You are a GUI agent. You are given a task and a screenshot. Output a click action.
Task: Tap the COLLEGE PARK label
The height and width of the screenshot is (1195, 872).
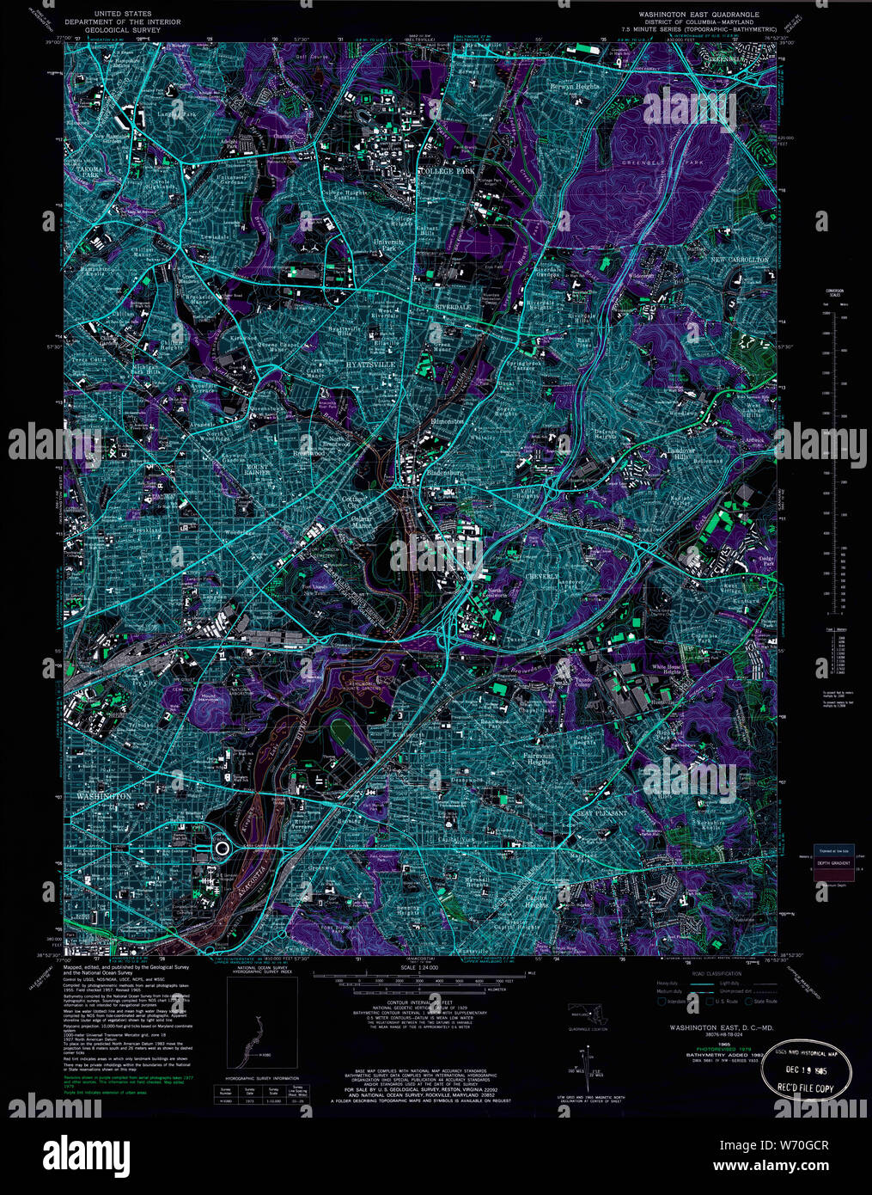pyautogui.click(x=447, y=172)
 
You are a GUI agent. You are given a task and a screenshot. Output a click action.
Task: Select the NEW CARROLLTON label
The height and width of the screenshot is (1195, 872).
pyautogui.click(x=739, y=259)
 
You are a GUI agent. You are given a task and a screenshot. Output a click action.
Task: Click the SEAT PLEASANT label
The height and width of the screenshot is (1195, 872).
pyautogui.click(x=602, y=812)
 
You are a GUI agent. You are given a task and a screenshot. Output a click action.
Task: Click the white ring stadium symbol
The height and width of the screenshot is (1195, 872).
pyautogui.click(x=222, y=849)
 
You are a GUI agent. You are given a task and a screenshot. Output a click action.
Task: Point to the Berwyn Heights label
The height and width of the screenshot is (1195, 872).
pyautogui.click(x=576, y=87)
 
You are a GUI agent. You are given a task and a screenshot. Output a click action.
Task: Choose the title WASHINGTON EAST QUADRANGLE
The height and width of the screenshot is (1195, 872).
pyautogui.click(x=698, y=15)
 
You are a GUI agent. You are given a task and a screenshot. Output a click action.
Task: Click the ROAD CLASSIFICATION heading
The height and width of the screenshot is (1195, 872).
pyautogui.click(x=698, y=973)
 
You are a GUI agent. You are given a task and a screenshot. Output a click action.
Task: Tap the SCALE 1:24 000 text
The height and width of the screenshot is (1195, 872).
pyautogui.click(x=412, y=967)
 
